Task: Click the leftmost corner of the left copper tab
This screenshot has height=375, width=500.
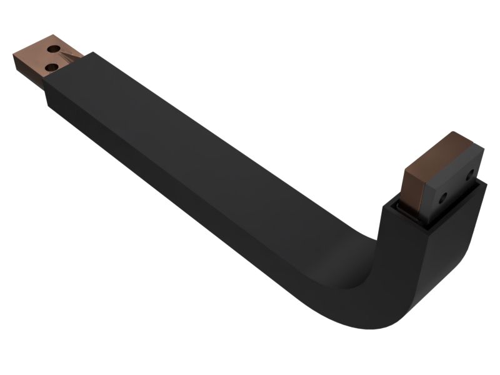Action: [x=13, y=57]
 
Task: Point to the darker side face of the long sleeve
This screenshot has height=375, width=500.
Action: [x=187, y=206]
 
